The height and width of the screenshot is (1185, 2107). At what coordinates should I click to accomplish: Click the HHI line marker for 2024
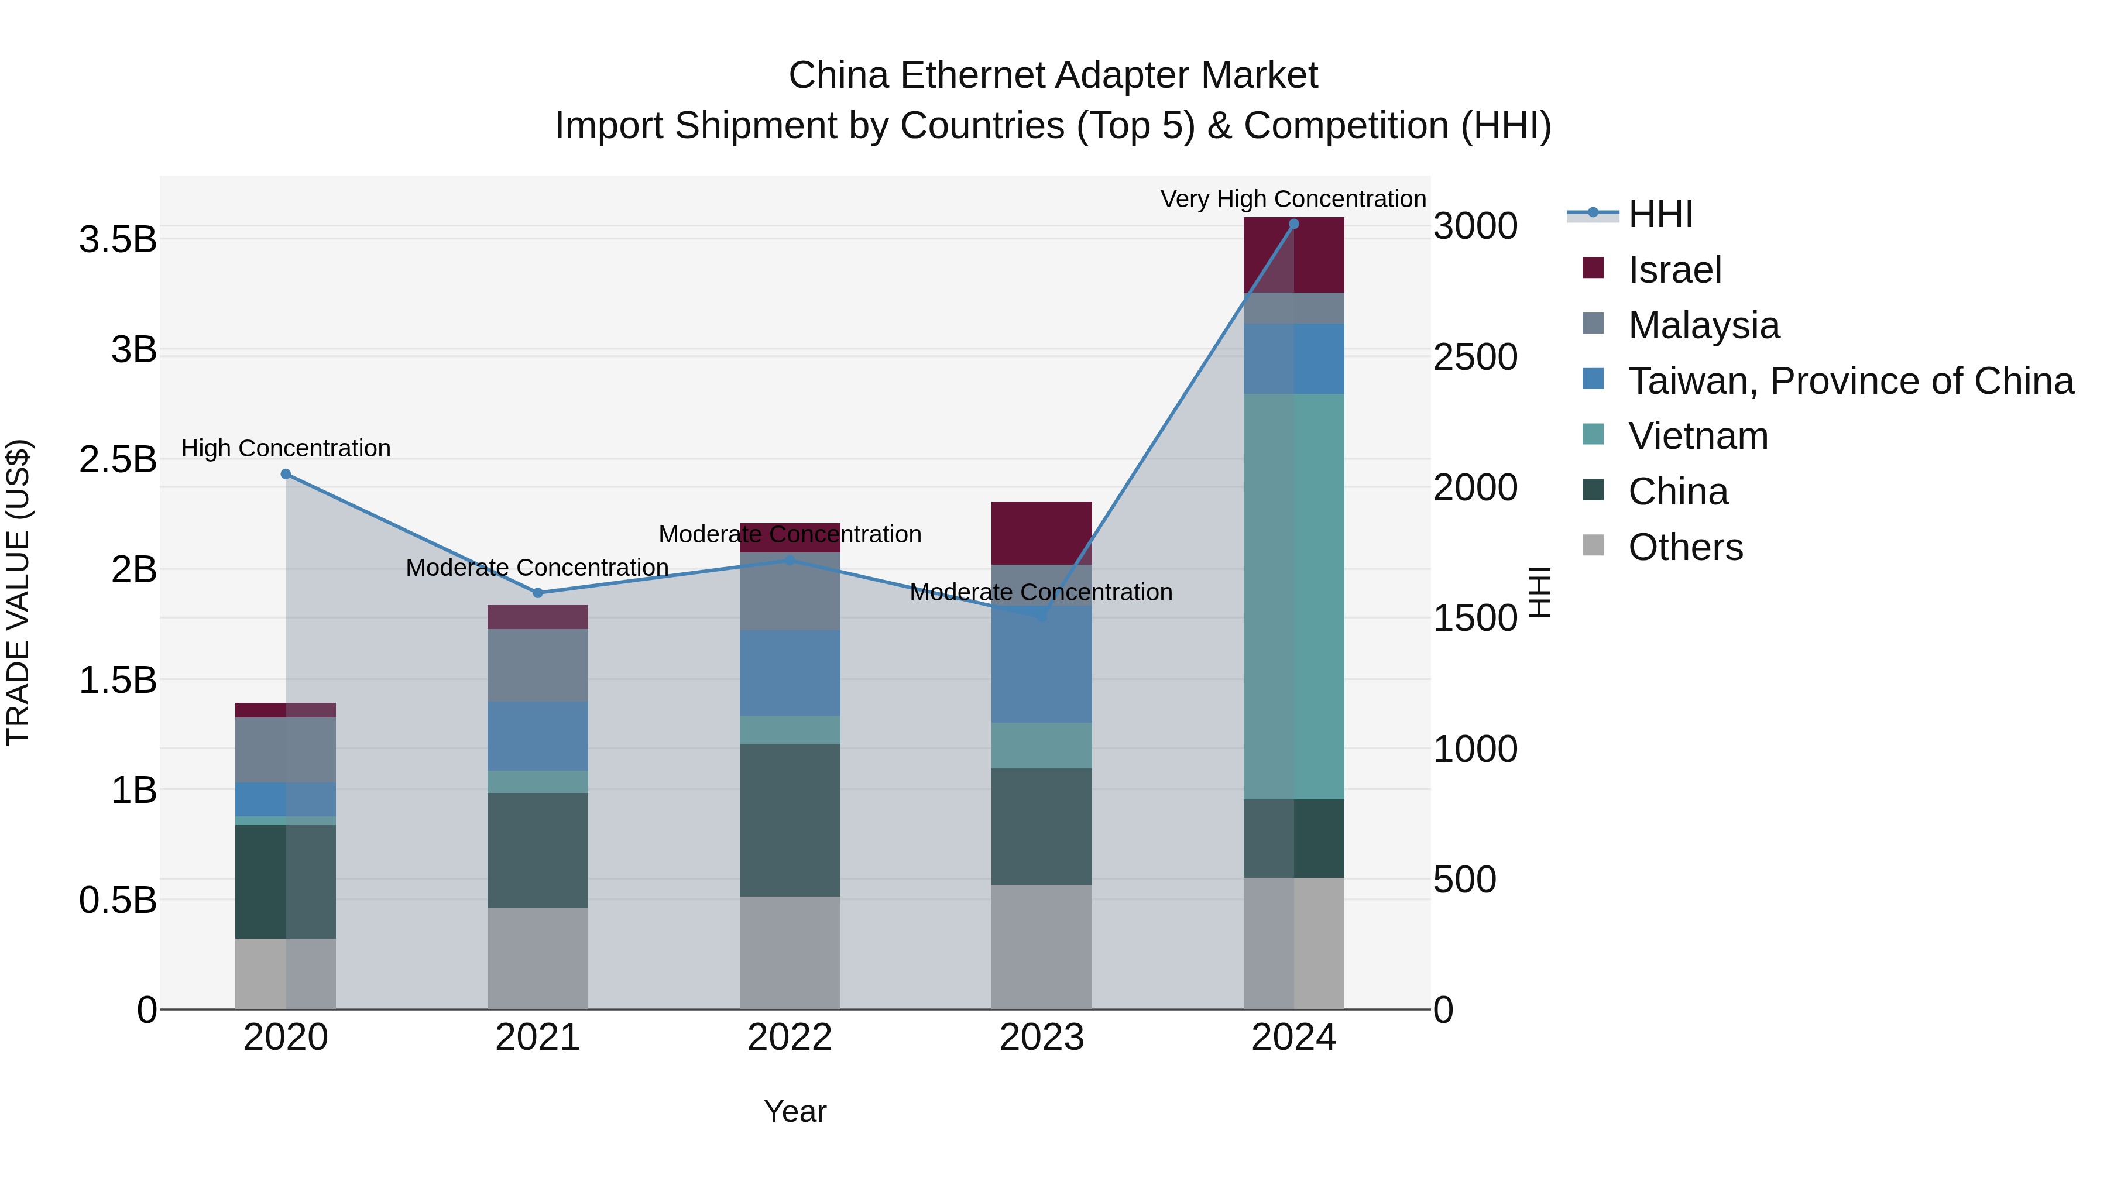(x=1293, y=224)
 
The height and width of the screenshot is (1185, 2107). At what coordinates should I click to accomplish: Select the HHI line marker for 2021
(x=537, y=593)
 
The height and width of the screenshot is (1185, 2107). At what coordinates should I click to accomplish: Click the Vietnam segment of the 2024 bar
(x=1293, y=597)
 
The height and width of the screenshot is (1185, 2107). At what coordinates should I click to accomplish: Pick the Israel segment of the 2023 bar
(x=1041, y=533)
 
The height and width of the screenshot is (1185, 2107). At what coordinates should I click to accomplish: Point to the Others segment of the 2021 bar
(x=537, y=959)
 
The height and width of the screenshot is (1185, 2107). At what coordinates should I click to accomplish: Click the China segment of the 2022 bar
(x=790, y=820)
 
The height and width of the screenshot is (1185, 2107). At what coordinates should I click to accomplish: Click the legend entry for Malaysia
(x=1703, y=325)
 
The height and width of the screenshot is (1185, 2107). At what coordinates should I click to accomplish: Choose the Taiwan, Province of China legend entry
(x=1850, y=381)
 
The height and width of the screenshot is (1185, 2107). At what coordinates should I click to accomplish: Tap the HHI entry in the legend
(x=1660, y=214)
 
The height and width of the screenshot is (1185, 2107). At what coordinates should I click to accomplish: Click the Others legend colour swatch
(x=1593, y=545)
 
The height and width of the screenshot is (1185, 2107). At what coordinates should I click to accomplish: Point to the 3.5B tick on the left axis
(x=118, y=239)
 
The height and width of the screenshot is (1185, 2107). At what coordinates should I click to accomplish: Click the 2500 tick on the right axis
(x=1475, y=358)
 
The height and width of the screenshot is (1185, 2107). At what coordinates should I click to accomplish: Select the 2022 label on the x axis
(x=790, y=1038)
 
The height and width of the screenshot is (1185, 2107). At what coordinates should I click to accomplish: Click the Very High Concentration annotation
(x=1292, y=199)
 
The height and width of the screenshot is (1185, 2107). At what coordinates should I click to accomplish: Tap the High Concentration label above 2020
(x=286, y=448)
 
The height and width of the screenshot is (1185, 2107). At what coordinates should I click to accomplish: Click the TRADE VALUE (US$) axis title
(x=18, y=592)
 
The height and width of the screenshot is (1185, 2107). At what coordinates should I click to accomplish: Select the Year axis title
(x=794, y=1111)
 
